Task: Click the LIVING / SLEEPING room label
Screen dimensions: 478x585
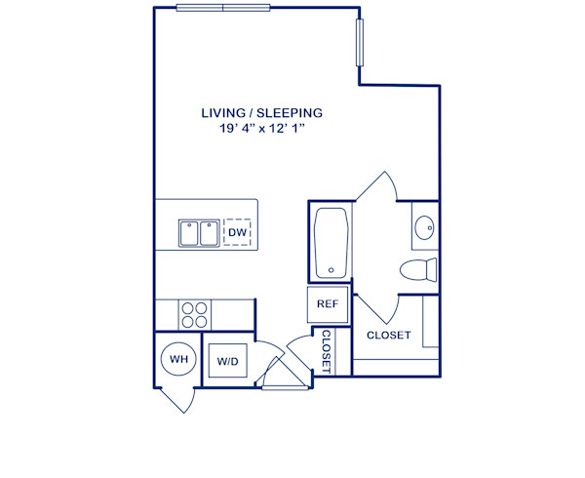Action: click(x=261, y=113)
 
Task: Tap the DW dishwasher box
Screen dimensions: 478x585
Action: click(x=237, y=233)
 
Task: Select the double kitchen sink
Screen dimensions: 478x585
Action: click(x=198, y=233)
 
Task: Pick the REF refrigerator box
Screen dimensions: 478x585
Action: click(x=328, y=304)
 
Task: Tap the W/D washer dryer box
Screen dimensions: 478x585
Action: click(x=228, y=361)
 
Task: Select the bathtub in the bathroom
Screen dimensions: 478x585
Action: click(x=331, y=243)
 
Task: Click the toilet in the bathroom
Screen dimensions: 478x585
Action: click(x=421, y=270)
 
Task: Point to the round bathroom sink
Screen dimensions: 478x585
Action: click(x=426, y=228)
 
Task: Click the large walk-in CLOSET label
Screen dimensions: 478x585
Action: click(x=388, y=336)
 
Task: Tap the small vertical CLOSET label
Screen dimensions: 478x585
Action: click(x=326, y=352)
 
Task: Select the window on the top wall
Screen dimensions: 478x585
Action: click(x=223, y=8)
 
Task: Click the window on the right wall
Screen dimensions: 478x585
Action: click(x=360, y=45)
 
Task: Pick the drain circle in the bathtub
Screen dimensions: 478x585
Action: click(x=331, y=270)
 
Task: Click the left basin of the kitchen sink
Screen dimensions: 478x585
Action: click(x=188, y=233)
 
